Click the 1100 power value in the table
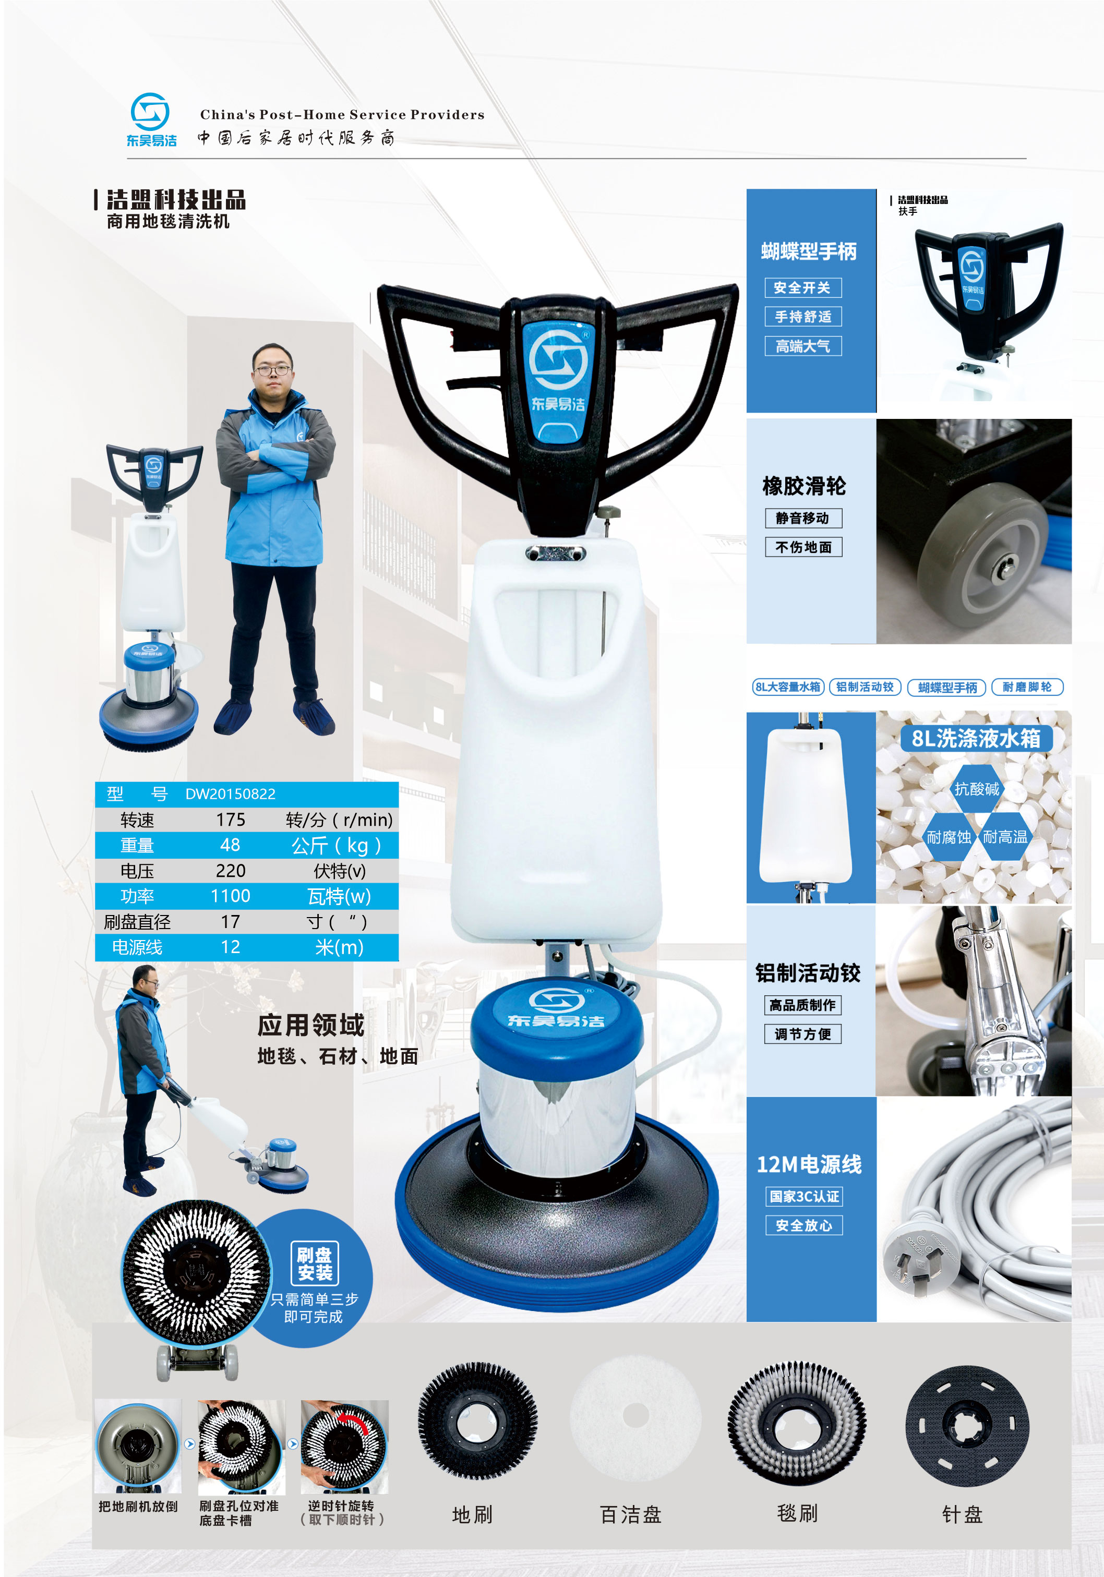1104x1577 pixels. [x=230, y=896]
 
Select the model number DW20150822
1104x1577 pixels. [x=230, y=794]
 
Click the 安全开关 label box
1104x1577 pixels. [x=802, y=288]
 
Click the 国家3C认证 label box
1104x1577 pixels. [x=804, y=1197]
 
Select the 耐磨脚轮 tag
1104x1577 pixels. [x=1027, y=687]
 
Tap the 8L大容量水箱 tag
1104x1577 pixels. [x=788, y=687]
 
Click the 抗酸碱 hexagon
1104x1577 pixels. [x=976, y=789]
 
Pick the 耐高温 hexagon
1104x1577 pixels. [x=1004, y=837]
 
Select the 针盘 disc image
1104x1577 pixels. [x=967, y=1425]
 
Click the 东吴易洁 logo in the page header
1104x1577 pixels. [x=151, y=119]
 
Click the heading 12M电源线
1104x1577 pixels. [x=809, y=1164]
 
